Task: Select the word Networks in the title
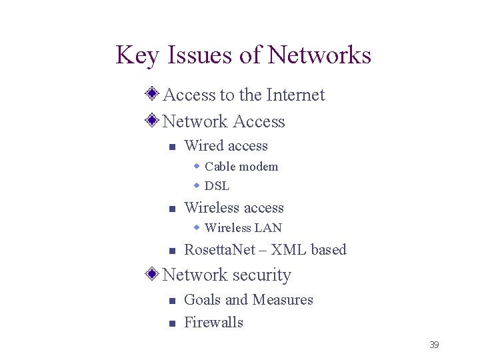click(319, 55)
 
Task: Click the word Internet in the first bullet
click(295, 95)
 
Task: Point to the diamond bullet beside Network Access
click(153, 121)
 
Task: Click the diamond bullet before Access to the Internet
click(153, 95)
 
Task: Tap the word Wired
click(202, 146)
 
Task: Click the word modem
click(259, 167)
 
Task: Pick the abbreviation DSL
click(217, 186)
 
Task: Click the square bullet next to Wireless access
click(171, 209)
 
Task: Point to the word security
click(261, 275)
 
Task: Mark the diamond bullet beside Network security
click(153, 274)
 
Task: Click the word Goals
click(202, 300)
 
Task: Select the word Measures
click(283, 300)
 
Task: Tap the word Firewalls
click(213, 323)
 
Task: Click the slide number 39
click(434, 345)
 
